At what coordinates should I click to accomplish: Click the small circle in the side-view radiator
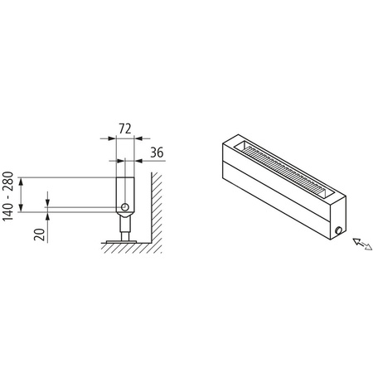(x=124, y=206)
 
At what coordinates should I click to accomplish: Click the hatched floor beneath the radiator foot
(x=124, y=245)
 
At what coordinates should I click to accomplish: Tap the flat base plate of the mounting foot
(x=124, y=240)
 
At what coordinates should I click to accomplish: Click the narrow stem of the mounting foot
(x=124, y=225)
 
